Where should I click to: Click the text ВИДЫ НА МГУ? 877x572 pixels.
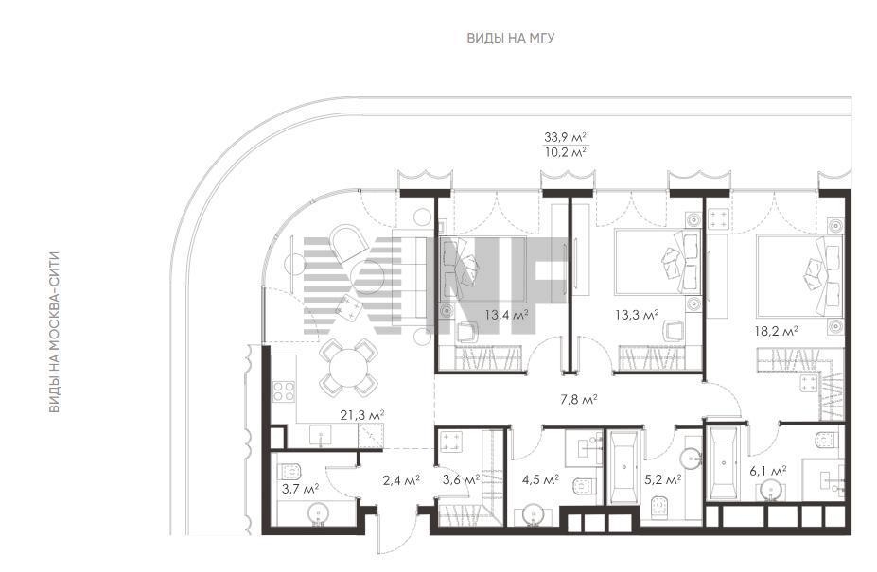[511, 38]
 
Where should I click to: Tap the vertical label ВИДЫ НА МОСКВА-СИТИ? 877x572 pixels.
[54, 333]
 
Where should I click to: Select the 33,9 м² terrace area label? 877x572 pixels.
[565, 136]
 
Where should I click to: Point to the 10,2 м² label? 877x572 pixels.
[565, 151]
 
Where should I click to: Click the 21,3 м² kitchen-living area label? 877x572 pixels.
[362, 415]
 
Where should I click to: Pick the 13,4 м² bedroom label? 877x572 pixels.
[506, 316]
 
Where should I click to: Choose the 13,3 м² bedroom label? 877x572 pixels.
[637, 316]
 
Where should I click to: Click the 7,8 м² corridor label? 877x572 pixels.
[579, 400]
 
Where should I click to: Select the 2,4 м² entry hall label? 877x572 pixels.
[401, 479]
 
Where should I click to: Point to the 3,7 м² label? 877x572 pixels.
[300, 489]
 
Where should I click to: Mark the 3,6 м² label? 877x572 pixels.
[461, 479]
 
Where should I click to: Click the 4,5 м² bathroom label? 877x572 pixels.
[540, 479]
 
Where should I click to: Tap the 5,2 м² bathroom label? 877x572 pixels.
[662, 479]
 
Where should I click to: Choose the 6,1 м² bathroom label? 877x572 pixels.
[768, 470]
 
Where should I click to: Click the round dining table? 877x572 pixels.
[348, 368]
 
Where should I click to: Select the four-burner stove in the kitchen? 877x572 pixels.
[284, 390]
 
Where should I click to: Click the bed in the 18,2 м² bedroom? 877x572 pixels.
[799, 275]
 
